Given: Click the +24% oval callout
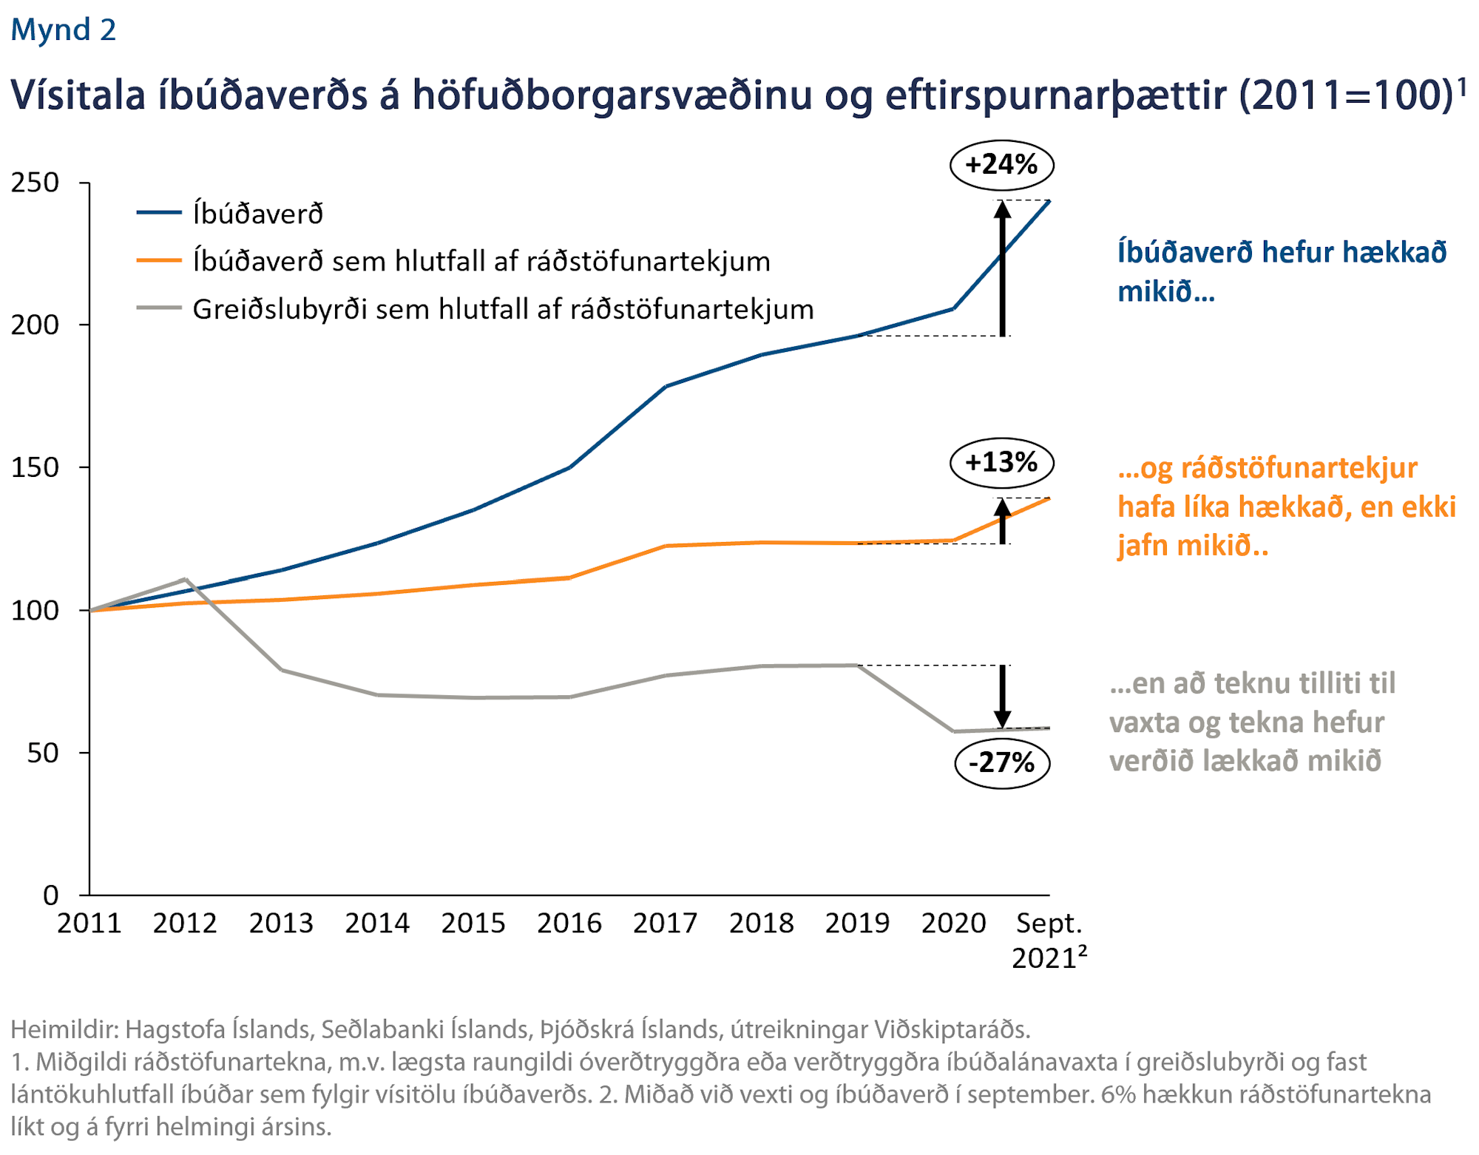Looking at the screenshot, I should click(x=1001, y=164).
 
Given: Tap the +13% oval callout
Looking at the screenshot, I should click(x=1001, y=463).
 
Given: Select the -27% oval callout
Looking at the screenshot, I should click(x=1001, y=762).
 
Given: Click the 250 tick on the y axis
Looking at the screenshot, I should click(x=35, y=183).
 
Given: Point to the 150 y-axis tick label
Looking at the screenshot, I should click(x=35, y=467).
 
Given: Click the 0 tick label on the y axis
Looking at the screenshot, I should click(x=50, y=895).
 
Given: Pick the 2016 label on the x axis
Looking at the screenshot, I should click(x=569, y=924).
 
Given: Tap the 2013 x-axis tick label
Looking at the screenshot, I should click(x=281, y=924).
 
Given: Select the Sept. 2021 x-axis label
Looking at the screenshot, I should click(x=1049, y=940).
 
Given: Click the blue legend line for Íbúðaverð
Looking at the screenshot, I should click(x=159, y=213).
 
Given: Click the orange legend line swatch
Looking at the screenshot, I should click(x=159, y=260).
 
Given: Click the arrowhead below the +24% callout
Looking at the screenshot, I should click(x=1002, y=209).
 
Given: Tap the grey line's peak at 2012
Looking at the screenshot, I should click(x=185, y=579).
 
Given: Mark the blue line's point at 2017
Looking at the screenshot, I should click(x=666, y=387).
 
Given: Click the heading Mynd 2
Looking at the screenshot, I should click(x=64, y=30).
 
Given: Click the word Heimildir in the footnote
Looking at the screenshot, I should click(x=63, y=1029).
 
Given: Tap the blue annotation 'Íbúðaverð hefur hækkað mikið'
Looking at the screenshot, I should click(x=1281, y=271).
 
